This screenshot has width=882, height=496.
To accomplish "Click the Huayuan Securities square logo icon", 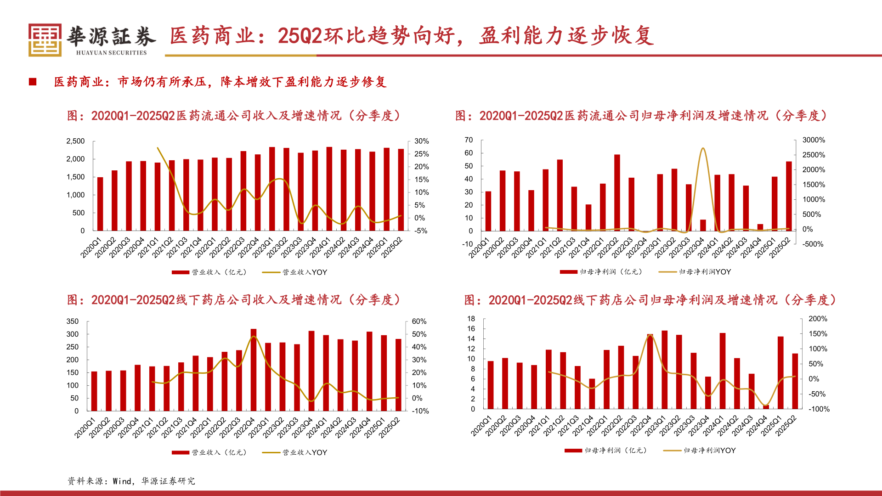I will (45, 40).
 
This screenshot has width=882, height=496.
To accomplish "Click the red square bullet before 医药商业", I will (33, 82).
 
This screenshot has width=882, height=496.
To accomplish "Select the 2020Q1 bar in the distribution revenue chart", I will (100, 204).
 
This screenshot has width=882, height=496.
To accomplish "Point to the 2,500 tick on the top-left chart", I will (75, 141).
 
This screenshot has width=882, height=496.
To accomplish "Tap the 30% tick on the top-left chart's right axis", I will (421, 141).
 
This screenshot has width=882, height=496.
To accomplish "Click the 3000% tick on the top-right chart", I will (814, 140).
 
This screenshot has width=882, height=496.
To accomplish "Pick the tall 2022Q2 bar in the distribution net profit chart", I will (617, 192).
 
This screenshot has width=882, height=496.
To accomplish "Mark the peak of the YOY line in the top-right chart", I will (703, 148).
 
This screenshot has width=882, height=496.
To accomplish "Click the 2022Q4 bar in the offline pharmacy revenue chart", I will (254, 370).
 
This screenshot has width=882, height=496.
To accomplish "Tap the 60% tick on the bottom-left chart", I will (419, 321).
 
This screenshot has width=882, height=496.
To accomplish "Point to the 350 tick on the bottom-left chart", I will (73, 321).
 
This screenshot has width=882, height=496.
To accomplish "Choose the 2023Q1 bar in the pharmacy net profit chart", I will (664, 370).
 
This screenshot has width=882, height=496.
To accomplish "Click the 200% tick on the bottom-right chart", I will (818, 319).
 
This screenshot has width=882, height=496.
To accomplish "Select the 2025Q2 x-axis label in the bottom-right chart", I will (786, 426).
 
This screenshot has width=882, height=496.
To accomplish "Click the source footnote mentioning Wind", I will (131, 481).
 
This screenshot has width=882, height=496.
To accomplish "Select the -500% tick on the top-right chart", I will (813, 244).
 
